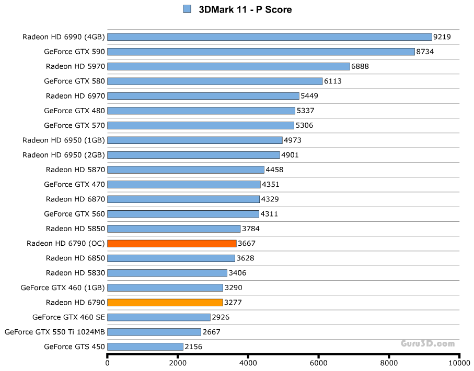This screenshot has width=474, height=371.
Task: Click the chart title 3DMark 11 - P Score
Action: [x=245, y=9]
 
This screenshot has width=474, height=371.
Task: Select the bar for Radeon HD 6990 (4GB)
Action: [x=269, y=37]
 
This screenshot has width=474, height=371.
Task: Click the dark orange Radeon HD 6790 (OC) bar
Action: [x=171, y=243]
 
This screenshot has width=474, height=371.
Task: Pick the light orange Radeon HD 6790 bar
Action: [x=165, y=302]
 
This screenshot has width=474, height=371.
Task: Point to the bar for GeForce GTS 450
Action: [x=145, y=346]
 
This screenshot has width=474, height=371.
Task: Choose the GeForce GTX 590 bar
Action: [x=261, y=52]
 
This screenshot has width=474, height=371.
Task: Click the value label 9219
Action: [x=442, y=37]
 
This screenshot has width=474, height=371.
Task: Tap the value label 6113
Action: [x=332, y=81]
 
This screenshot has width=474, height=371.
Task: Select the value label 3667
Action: [x=247, y=243]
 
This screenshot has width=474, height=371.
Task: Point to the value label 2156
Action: [x=193, y=346]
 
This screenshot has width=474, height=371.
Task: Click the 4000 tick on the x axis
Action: [x=248, y=363]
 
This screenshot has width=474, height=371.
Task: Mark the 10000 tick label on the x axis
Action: [x=459, y=363]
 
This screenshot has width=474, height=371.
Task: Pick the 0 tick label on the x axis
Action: [x=108, y=363]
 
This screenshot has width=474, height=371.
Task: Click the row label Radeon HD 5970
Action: [x=75, y=66]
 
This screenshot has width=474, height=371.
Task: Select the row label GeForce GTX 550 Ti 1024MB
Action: [x=55, y=332]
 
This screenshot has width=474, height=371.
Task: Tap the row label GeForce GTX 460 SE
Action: [x=68, y=317]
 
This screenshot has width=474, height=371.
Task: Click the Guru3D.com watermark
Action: [x=428, y=343]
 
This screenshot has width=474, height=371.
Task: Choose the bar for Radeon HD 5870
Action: [x=186, y=170]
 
